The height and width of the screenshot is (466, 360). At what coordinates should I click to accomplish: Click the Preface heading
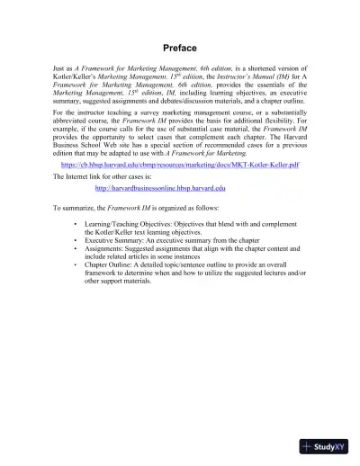click(x=180, y=47)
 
